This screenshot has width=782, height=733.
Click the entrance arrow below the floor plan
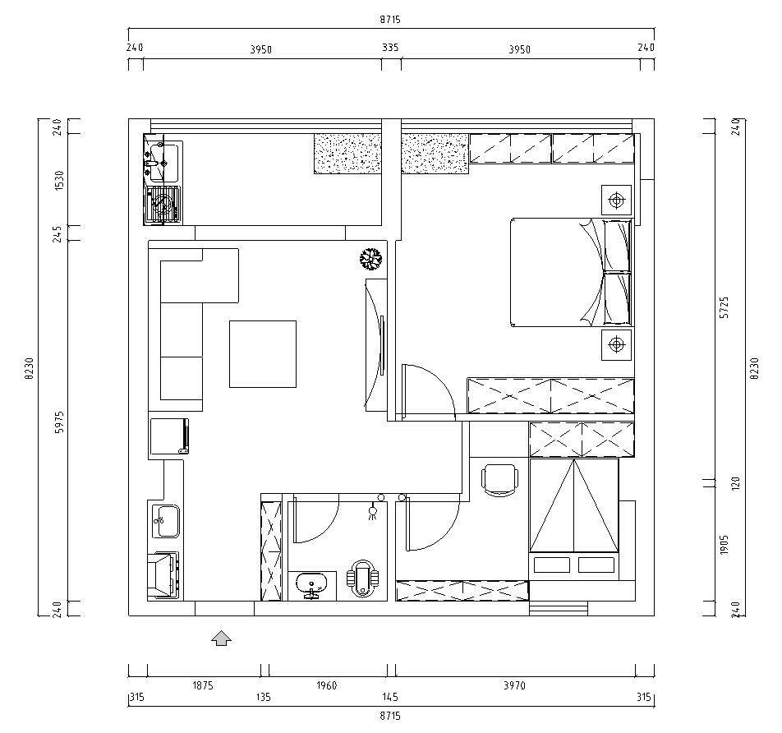222,638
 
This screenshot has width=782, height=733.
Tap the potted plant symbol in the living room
371,259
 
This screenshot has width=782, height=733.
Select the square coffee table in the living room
263,354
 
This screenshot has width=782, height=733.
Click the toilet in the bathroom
363,578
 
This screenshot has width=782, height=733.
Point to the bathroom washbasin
311,585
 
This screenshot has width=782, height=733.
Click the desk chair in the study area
499,480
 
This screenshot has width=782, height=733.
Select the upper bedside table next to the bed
617,200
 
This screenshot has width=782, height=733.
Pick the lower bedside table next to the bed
617,344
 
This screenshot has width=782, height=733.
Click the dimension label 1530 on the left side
59,180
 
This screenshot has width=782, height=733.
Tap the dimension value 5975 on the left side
59,422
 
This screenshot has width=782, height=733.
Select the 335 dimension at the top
390,48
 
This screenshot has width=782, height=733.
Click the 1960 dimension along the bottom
327,685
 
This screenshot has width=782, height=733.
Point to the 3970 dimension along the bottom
515,685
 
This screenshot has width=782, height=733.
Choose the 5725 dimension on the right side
725,307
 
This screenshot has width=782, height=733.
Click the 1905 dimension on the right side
725,544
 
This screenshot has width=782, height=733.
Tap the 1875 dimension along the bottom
203,685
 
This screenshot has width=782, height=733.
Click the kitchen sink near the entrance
166,521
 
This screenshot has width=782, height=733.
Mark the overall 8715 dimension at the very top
390,20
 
